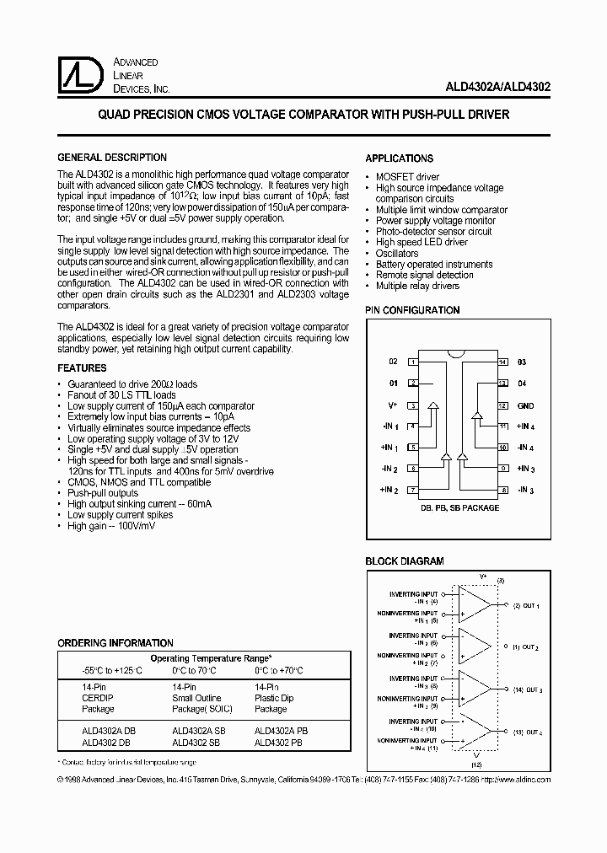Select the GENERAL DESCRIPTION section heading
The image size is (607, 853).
(x=111, y=158)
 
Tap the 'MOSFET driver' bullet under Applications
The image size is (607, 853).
(x=408, y=177)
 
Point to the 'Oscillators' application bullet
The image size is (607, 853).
(x=397, y=254)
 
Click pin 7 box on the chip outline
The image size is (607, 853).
(x=413, y=490)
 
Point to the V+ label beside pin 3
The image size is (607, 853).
(x=392, y=405)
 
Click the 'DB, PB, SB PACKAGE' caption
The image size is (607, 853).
(x=459, y=508)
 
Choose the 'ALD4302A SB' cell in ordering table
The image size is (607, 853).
(x=196, y=732)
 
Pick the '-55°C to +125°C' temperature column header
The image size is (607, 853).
(x=101, y=671)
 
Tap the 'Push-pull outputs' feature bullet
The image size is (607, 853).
(x=103, y=493)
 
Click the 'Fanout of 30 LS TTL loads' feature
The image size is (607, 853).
(x=122, y=394)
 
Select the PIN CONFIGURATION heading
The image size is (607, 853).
(x=412, y=310)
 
